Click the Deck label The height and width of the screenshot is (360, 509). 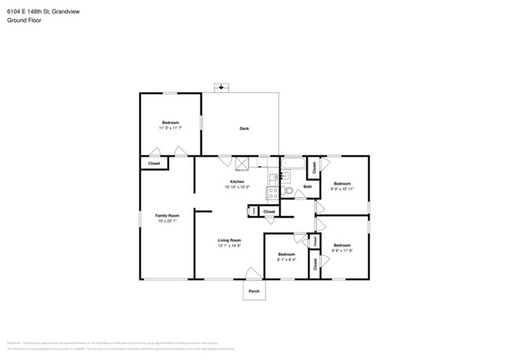244,128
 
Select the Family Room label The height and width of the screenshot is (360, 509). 167,215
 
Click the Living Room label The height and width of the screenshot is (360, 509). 229,240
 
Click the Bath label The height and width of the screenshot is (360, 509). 308,186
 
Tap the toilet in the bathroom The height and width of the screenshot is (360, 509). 287,190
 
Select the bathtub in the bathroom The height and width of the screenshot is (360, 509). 294,164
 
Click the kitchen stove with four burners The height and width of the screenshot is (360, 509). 273,192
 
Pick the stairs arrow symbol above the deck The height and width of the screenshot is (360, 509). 222,88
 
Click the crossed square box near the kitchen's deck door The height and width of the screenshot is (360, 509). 242,163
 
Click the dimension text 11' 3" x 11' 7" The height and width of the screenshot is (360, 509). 171,128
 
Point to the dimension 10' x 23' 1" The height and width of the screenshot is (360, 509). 167,221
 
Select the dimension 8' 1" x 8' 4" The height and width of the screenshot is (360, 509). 287,259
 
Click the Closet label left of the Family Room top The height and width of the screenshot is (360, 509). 154,163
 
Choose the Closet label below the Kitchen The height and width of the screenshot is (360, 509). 269,211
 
